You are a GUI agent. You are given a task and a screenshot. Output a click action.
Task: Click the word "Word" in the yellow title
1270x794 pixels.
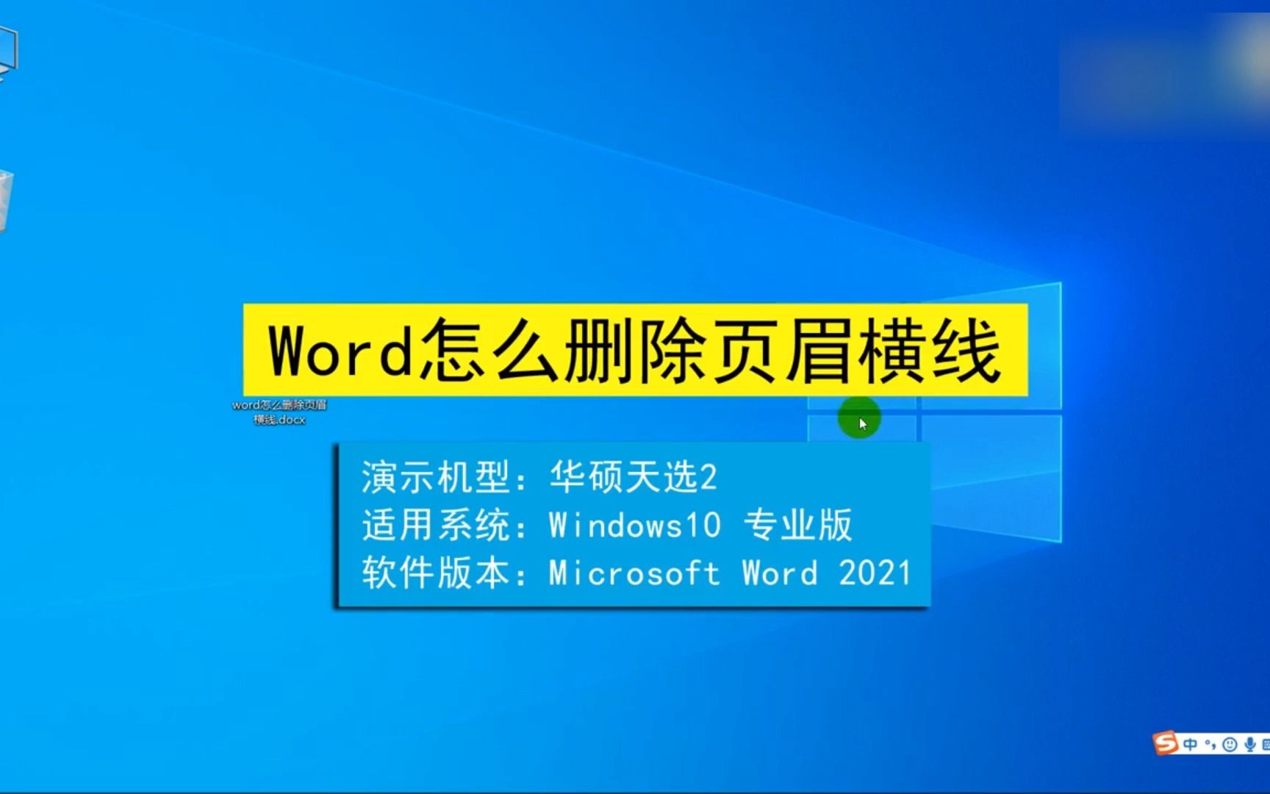[x=340, y=351]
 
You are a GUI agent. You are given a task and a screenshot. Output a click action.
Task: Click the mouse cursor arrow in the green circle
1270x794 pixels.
[x=862, y=423]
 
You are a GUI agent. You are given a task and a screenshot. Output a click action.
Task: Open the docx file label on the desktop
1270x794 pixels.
[x=279, y=412]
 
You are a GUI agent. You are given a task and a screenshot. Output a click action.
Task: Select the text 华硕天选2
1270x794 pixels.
[x=633, y=477]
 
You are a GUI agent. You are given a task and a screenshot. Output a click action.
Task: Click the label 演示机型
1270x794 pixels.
[x=436, y=477]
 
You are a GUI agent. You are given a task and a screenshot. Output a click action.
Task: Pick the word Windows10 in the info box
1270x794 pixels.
[x=634, y=526]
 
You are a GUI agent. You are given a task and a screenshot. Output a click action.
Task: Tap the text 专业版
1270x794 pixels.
[x=797, y=526]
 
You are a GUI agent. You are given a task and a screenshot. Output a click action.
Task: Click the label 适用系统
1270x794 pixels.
[x=436, y=526]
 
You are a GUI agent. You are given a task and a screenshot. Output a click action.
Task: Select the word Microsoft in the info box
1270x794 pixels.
[x=634, y=573]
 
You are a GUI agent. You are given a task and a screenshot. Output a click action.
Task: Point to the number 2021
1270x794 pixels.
[x=875, y=573]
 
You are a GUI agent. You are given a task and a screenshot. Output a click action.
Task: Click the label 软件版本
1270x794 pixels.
[x=436, y=573]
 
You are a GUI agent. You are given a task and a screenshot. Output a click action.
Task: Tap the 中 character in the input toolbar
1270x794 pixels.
[x=1190, y=745]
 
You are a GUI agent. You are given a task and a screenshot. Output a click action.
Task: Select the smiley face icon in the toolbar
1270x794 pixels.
[x=1230, y=745]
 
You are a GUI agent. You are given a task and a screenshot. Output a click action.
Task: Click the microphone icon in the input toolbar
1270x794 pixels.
[x=1249, y=745]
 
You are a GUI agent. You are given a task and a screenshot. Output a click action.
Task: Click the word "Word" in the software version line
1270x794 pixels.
[x=780, y=573]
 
